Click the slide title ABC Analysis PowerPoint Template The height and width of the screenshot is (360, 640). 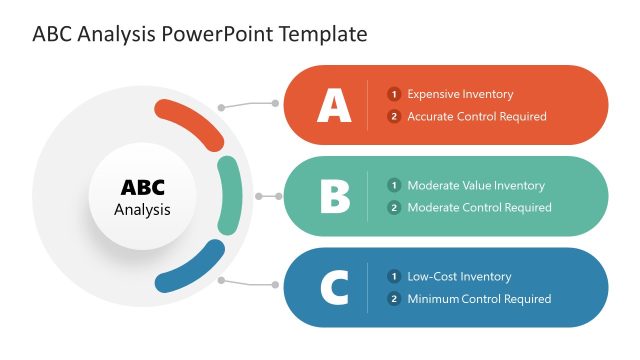coord(200,34)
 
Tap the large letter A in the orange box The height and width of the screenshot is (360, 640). coord(334,105)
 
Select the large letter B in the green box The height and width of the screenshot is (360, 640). coord(335,196)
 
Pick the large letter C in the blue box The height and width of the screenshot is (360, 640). coord(334,288)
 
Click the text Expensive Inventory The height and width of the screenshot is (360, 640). coord(460,94)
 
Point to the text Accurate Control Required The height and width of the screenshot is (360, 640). coord(477,117)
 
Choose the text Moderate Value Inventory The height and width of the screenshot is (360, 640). coord(476,185)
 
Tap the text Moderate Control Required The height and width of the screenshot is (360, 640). coord(479,208)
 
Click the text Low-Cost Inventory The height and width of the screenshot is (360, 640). coord(459,276)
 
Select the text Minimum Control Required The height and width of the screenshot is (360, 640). coord(479,299)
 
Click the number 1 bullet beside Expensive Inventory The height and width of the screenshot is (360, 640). coord(394,94)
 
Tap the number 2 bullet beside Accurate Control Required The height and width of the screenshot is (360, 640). coord(394,117)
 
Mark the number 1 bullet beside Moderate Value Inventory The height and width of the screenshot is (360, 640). coord(394,185)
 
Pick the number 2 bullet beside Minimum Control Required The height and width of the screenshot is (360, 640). coord(394,299)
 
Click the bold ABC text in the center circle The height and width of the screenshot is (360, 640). coord(142,188)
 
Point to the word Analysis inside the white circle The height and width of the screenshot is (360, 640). coord(142,210)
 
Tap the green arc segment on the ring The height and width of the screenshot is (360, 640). coord(229,196)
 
